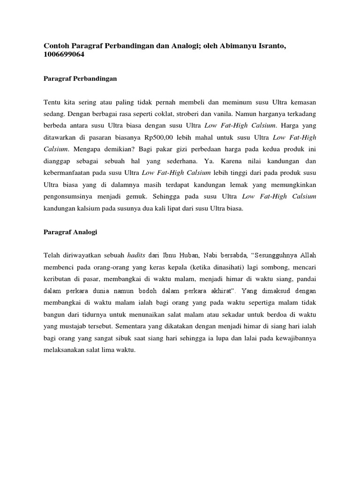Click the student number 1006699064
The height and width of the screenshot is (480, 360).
point(64,55)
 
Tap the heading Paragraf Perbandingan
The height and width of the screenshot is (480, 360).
point(80,79)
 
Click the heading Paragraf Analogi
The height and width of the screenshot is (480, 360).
point(70,232)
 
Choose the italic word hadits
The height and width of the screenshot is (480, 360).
point(136,255)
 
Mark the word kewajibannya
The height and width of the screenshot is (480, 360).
point(295,339)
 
